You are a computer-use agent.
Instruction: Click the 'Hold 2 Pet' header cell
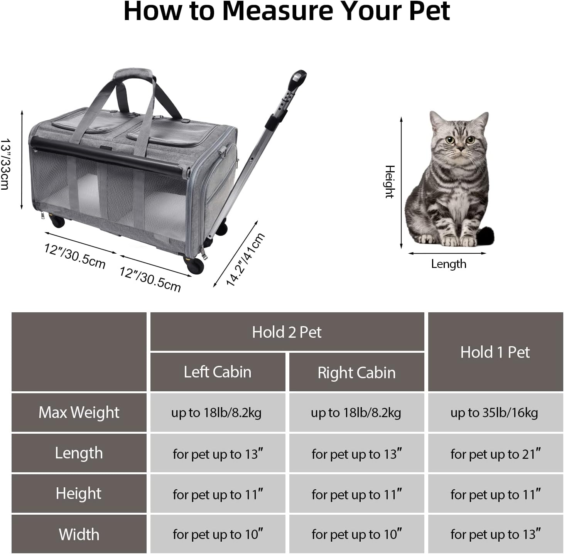[x=287, y=332]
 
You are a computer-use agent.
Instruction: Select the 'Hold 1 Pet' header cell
[x=495, y=352]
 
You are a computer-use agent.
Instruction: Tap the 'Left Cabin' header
[x=218, y=372]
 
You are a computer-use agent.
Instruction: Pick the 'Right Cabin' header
[x=356, y=372]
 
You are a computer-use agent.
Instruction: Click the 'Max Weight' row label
[x=79, y=412]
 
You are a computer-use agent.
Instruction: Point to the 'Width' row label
[x=79, y=534]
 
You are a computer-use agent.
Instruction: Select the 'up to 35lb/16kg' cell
[x=495, y=412]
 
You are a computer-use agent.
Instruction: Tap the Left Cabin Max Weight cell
[x=218, y=412]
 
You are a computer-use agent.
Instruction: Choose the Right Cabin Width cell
[x=356, y=534]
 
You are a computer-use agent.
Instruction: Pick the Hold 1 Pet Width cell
[x=495, y=534]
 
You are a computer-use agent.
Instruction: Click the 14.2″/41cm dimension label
[x=246, y=259]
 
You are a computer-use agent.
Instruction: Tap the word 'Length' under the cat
[x=449, y=264]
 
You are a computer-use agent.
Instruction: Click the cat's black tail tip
[x=485, y=236]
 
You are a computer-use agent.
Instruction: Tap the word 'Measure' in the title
[x=278, y=11]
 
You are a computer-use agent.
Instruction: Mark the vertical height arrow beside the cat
[x=401, y=183]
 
